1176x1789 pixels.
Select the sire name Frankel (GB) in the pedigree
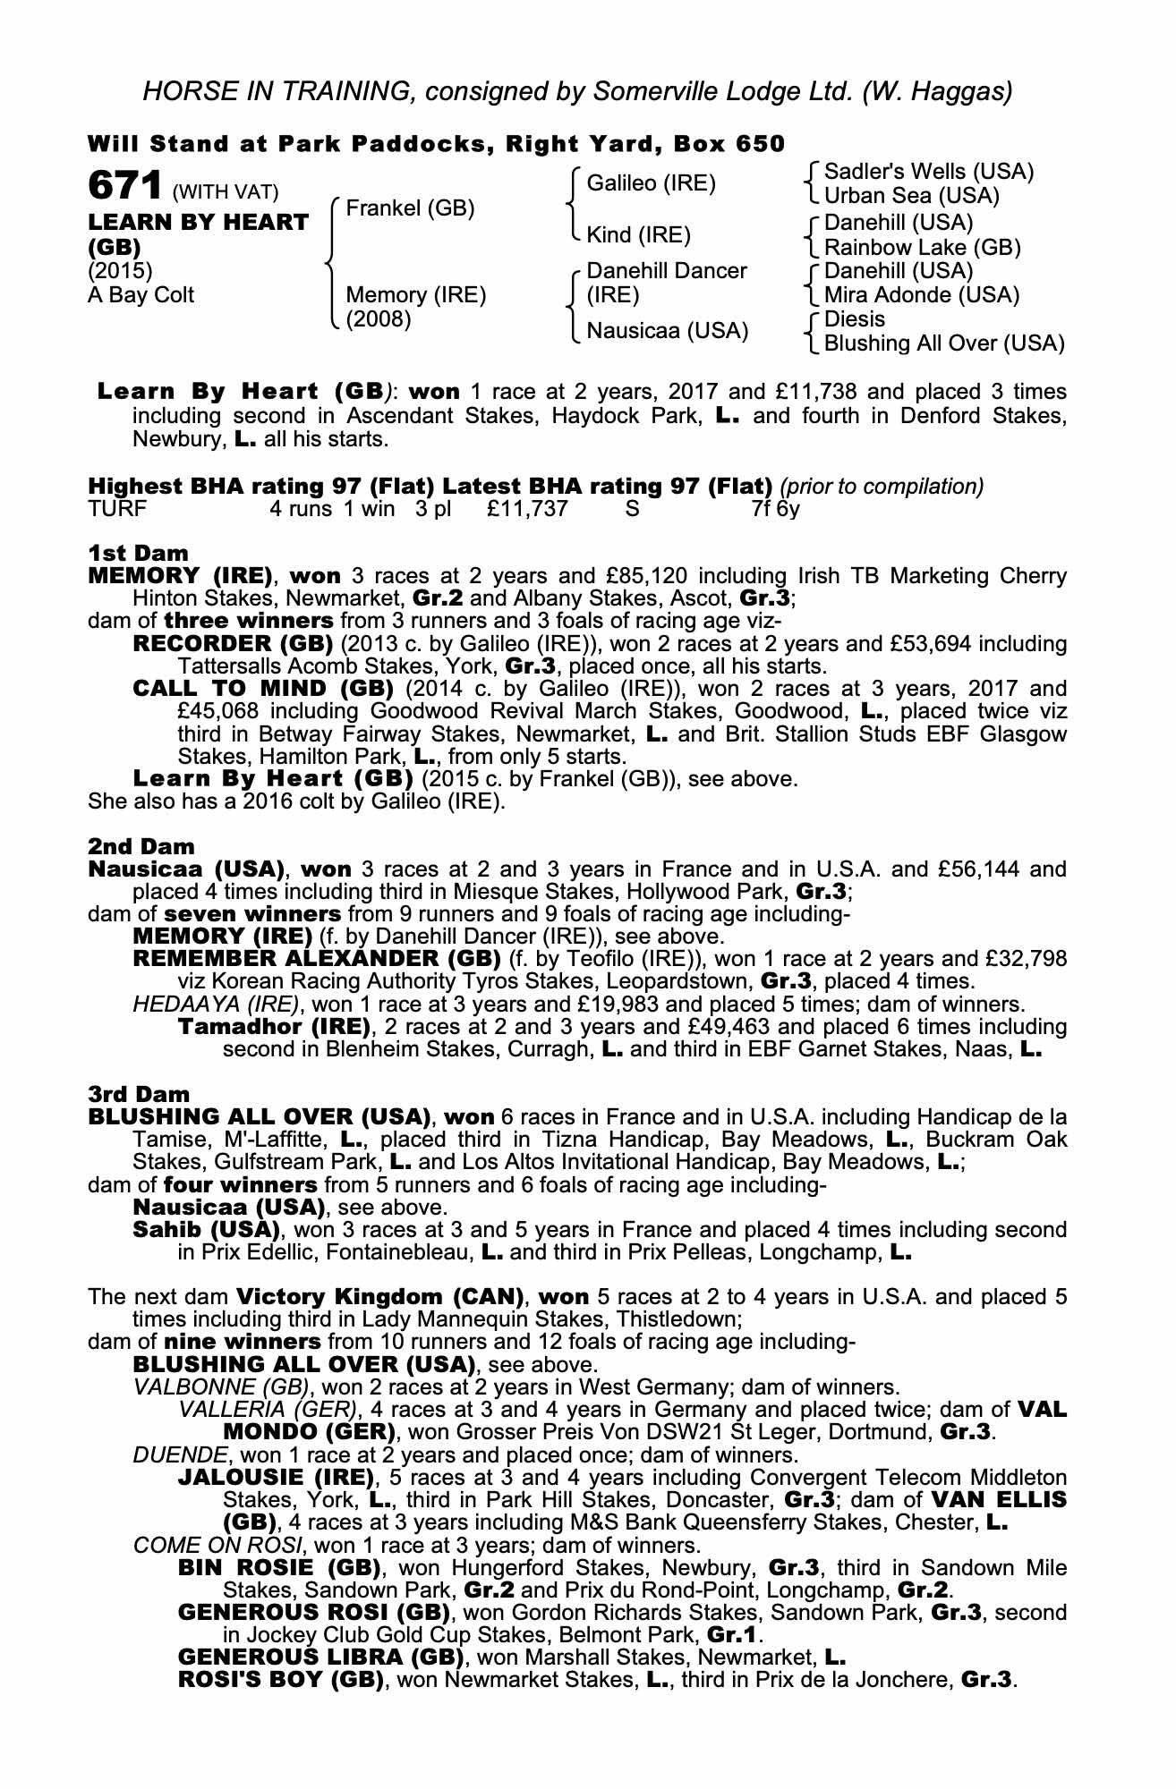(410, 208)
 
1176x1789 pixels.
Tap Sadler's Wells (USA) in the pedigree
(928, 171)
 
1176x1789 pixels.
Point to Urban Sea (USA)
(911, 195)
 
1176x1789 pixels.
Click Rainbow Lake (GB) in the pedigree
(922, 247)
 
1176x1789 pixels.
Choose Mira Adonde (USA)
(921, 295)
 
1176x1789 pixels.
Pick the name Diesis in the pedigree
(854, 319)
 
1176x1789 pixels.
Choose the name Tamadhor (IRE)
(274, 1026)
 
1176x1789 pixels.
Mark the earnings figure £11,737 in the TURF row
(528, 510)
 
